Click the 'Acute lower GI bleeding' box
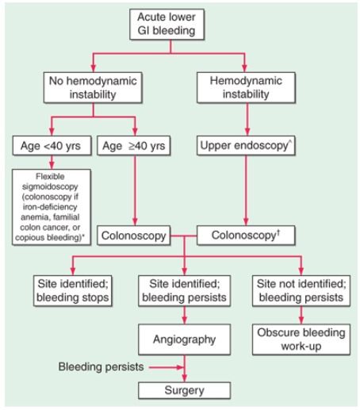point(167,25)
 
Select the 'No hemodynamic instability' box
point(93,87)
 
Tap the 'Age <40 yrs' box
point(52,146)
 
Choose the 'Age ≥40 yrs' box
point(134,146)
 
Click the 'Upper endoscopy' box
point(246,146)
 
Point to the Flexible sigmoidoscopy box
point(52,207)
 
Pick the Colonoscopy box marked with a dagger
point(246,236)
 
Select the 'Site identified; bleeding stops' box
point(73,291)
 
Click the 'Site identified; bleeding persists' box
point(185,291)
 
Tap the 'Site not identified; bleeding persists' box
point(301,291)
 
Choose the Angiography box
point(185,339)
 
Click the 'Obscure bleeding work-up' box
point(301,339)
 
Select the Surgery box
point(185,390)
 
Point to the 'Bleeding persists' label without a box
point(101,367)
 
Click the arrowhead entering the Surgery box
point(185,378)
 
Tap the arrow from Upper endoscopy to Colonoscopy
point(246,190)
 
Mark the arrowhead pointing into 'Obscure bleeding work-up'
point(301,320)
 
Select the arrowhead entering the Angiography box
point(185,320)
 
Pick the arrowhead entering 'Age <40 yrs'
point(52,132)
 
